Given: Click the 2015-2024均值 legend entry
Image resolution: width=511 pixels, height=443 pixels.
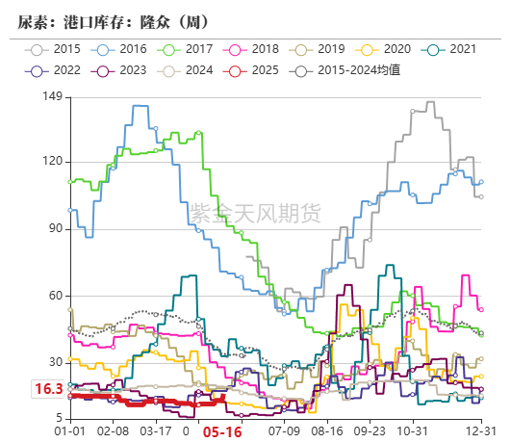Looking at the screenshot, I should pos(352,70).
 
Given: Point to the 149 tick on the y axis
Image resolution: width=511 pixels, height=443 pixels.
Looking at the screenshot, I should pos(52,97).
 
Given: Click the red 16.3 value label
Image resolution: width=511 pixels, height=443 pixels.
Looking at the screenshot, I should pos(48,390).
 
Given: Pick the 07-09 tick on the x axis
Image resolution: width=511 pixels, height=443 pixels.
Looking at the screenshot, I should pos(284,433).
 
